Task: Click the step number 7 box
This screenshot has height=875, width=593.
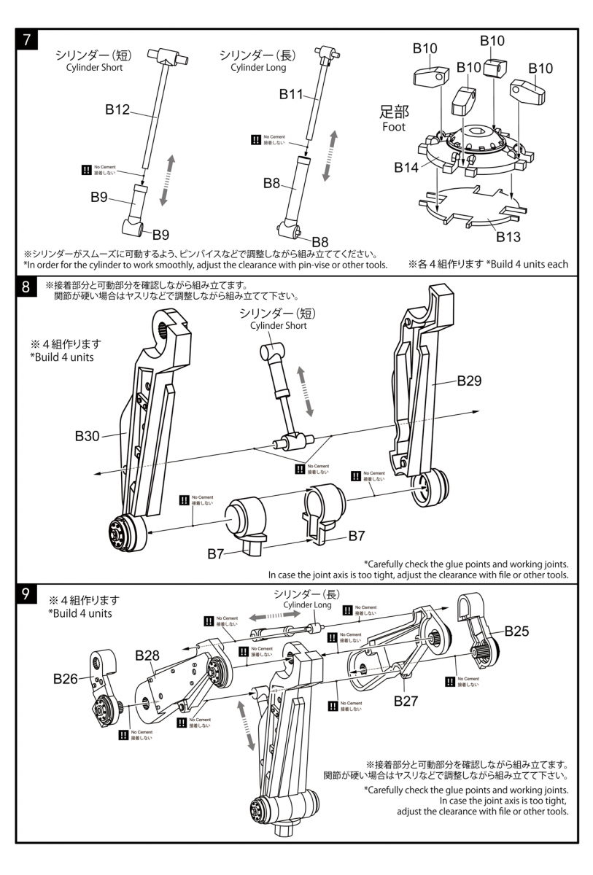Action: tap(26, 40)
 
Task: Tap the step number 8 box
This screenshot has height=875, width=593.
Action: tap(26, 287)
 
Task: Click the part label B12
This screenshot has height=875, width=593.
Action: tap(117, 109)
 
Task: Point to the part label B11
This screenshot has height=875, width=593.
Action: tap(292, 93)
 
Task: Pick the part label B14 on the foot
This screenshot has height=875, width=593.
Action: tap(406, 168)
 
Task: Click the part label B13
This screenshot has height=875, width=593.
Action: tap(508, 236)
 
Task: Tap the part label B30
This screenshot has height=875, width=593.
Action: tap(87, 436)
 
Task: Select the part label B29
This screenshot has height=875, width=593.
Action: tap(470, 380)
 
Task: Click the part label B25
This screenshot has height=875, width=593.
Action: tap(516, 631)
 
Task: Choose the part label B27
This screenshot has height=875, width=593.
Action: tap(406, 701)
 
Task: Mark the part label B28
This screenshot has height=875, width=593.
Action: tap(147, 655)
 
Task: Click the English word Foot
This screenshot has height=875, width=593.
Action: tap(394, 127)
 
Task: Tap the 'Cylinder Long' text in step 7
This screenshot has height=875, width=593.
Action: tap(258, 67)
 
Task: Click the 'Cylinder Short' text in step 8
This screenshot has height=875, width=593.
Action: tap(279, 326)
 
